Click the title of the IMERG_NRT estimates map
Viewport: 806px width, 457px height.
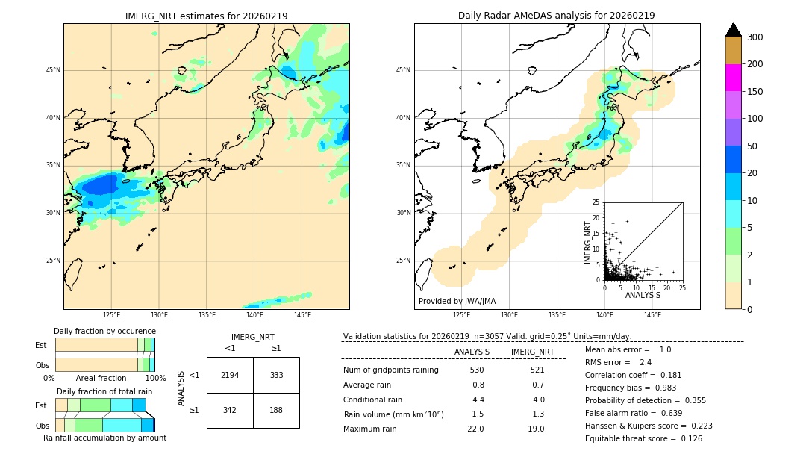pyautogui.click(x=206, y=16)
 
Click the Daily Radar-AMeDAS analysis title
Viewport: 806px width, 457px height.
pyautogui.click(x=557, y=16)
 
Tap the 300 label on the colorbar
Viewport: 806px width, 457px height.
pyautogui.click(x=755, y=37)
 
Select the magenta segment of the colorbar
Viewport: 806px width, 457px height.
pyautogui.click(x=734, y=78)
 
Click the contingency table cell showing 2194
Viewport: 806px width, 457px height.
pyautogui.click(x=230, y=375)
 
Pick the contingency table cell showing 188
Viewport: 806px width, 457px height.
pyautogui.click(x=276, y=410)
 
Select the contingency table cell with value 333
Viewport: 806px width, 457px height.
pyautogui.click(x=276, y=375)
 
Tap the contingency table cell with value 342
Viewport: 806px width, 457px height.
pyautogui.click(x=230, y=410)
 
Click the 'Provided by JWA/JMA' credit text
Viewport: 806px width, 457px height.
pyautogui.click(x=457, y=301)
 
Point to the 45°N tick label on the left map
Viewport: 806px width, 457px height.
pyautogui.click(x=53, y=70)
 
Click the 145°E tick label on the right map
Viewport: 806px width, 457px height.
pyautogui.click(x=652, y=315)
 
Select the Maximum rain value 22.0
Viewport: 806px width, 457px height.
pyautogui.click(x=475, y=429)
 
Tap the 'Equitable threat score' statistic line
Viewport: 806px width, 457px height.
pyautogui.click(x=643, y=438)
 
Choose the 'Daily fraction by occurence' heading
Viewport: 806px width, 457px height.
pyautogui.click(x=104, y=331)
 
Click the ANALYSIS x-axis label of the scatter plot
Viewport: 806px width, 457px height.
pyautogui.click(x=643, y=296)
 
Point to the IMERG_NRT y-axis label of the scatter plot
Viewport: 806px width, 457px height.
pyautogui.click(x=588, y=241)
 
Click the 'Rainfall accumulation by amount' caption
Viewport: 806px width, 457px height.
pyautogui.click(x=104, y=438)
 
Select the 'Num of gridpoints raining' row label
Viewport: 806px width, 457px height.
pyautogui.click(x=391, y=370)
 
